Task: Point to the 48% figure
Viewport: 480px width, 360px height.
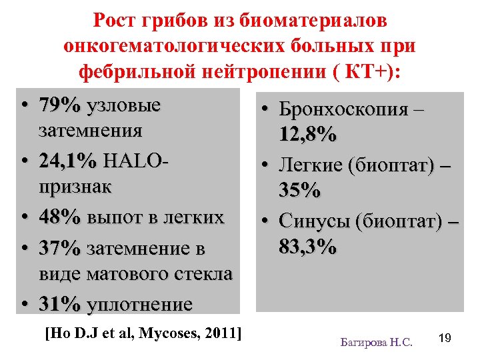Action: click(59, 218)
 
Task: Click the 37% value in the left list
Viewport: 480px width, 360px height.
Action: click(59, 248)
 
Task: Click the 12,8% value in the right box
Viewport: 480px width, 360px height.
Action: click(307, 136)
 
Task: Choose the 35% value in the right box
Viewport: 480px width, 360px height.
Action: click(299, 191)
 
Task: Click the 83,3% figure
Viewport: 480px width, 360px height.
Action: click(307, 247)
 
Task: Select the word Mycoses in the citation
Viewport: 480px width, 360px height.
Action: click(171, 332)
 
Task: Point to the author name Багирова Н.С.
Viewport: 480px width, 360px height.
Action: click(377, 342)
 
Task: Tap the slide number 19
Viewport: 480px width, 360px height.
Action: click(445, 339)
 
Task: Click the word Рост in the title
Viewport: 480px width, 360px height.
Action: click(114, 21)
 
